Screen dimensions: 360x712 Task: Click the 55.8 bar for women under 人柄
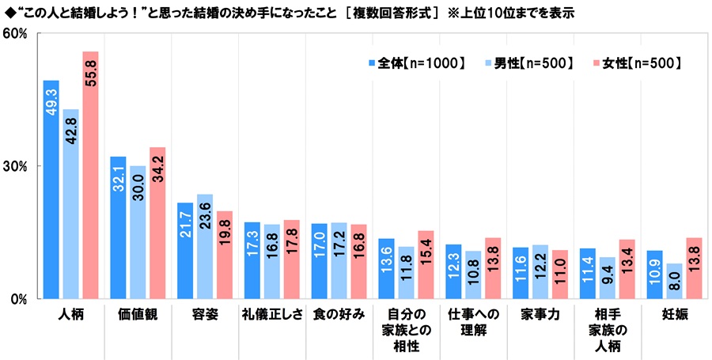coord(91,175)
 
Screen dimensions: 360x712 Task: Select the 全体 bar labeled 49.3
coord(51,189)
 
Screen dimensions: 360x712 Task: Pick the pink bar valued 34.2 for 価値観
coord(157,222)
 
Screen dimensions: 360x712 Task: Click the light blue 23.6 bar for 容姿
coord(205,246)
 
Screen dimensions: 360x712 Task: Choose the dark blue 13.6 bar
coord(386,268)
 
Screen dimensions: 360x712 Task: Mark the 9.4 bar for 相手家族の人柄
coord(608,278)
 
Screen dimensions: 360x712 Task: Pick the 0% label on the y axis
coord(19,299)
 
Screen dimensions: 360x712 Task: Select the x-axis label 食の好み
coord(339,315)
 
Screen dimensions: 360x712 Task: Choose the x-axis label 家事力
coord(540,315)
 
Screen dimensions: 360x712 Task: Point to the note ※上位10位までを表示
coord(512,13)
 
